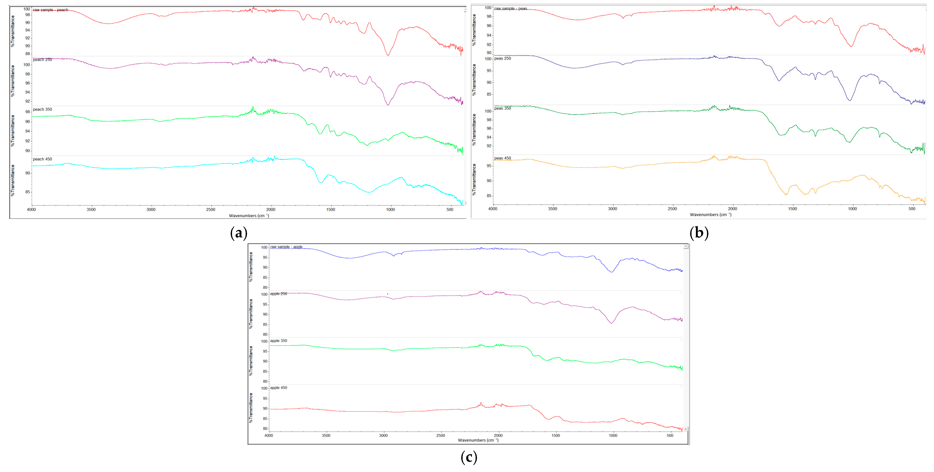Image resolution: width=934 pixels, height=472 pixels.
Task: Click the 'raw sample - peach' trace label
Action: [50, 10]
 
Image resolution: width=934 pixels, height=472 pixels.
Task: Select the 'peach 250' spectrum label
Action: [42, 59]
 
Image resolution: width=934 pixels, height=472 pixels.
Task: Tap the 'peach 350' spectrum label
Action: [42, 109]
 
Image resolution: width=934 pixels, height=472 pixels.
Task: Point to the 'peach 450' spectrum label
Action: [42, 159]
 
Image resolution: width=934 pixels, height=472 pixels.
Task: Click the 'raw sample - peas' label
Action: [511, 8]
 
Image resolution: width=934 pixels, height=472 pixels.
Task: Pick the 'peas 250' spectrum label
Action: [503, 58]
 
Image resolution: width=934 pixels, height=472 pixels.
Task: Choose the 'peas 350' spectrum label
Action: [503, 108]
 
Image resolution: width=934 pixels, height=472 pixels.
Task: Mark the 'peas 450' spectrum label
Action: [503, 158]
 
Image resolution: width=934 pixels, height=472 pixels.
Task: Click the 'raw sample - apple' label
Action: [286, 247]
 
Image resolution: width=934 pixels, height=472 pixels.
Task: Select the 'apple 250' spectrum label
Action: [278, 294]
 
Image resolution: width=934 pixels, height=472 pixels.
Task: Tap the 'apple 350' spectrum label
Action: [278, 341]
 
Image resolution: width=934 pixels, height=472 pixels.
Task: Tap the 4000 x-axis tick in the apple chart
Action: [269, 435]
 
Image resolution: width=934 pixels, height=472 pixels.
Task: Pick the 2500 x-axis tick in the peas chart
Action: [672, 209]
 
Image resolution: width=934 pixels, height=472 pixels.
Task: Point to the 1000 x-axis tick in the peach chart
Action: [390, 209]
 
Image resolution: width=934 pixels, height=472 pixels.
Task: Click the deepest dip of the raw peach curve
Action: [388, 55]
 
